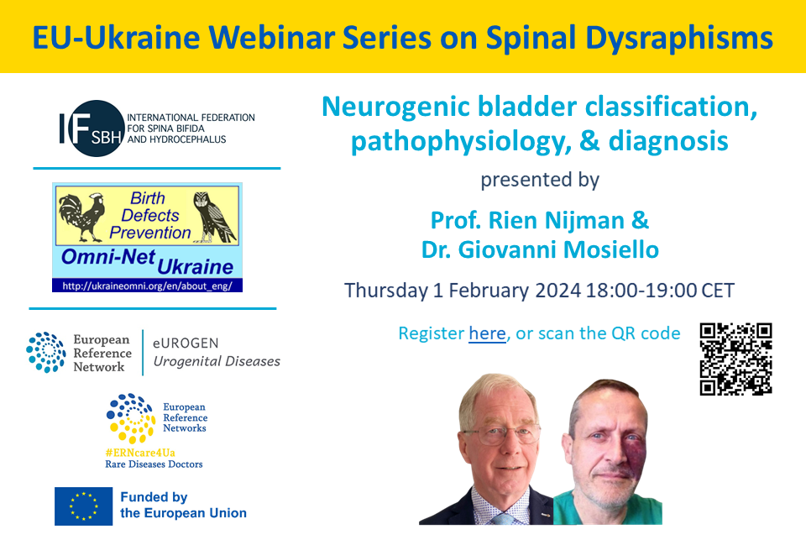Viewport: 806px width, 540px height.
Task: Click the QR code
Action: pos(735,359)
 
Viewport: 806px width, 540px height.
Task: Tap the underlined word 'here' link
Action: pos(487,333)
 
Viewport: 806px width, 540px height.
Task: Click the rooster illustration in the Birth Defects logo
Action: pos(81,217)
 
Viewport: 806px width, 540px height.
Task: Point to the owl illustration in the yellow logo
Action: pos(214,217)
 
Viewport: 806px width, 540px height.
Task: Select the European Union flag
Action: pos(83,506)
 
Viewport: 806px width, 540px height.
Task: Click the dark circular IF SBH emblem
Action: pos(96,128)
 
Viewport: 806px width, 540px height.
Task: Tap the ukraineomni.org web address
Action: pos(148,286)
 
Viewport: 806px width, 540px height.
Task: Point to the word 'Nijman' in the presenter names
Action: pos(584,221)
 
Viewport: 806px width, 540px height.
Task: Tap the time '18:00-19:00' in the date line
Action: pos(641,290)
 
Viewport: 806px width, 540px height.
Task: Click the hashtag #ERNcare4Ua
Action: pos(140,453)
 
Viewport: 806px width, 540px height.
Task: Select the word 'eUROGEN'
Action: pos(186,343)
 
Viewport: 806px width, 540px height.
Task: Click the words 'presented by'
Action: pos(540,180)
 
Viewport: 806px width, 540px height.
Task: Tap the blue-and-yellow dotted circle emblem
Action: pos(131,418)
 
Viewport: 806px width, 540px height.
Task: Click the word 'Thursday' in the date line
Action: pos(385,291)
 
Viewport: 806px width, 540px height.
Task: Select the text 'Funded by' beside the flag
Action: pos(154,497)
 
